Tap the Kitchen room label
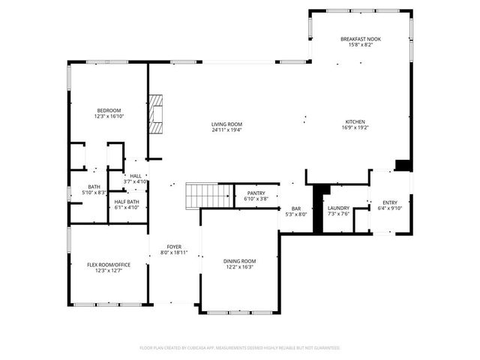click(x=355, y=122)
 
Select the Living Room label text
click(x=226, y=124)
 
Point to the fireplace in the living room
click(x=155, y=113)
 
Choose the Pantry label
click(x=256, y=193)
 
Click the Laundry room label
click(x=338, y=208)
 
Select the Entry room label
click(x=390, y=202)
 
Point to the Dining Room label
click(x=239, y=261)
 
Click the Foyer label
click(x=174, y=246)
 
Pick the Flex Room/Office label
click(x=108, y=264)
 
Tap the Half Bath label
click(x=125, y=202)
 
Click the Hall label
click(x=135, y=175)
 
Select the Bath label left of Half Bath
click(x=94, y=187)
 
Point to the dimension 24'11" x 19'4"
click(x=226, y=130)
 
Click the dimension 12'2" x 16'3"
click(x=239, y=267)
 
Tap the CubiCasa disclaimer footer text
click(x=240, y=348)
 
